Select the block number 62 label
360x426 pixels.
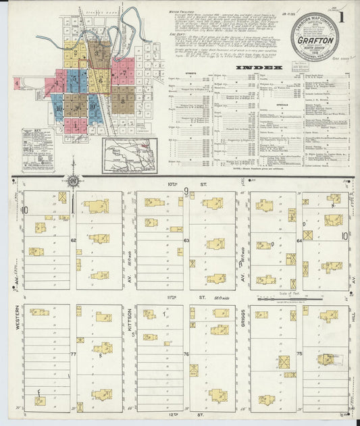(x=73, y=240)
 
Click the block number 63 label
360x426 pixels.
(x=186, y=240)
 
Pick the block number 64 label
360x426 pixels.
(x=299, y=240)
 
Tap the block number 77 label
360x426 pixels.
(x=73, y=353)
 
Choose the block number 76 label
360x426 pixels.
(x=186, y=353)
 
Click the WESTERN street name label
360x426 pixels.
(x=15, y=321)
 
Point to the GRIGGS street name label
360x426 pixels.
(x=242, y=321)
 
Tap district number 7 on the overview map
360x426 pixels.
(x=122, y=72)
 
